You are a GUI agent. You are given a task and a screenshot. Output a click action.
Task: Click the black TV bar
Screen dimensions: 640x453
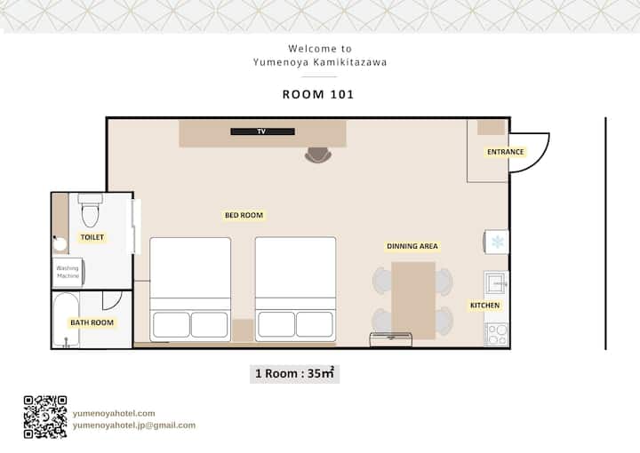(x=262, y=131)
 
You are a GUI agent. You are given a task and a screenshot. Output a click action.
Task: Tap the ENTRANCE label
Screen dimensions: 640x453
(x=505, y=152)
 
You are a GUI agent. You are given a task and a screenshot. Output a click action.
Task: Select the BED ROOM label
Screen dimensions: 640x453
(x=244, y=215)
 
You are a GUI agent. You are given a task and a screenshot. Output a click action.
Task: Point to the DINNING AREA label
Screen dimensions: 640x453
(x=412, y=246)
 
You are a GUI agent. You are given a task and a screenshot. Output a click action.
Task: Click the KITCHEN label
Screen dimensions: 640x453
(x=485, y=305)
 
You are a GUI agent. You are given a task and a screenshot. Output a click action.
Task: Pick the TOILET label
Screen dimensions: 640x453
(x=92, y=237)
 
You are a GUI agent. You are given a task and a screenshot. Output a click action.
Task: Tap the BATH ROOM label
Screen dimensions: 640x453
(x=92, y=322)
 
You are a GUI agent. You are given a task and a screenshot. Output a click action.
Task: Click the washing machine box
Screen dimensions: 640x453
(x=68, y=272)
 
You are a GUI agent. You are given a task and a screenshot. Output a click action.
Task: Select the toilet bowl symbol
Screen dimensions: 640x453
(x=90, y=211)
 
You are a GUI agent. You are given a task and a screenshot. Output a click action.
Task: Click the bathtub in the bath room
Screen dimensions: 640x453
(x=66, y=320)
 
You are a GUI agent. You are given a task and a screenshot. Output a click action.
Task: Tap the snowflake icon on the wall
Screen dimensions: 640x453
(x=498, y=242)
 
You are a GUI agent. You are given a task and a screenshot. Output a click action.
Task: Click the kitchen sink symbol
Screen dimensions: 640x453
(x=496, y=282)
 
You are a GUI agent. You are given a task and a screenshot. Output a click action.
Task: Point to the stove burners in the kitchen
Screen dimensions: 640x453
(x=497, y=334)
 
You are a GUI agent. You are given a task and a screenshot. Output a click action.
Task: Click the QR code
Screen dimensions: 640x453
(x=45, y=417)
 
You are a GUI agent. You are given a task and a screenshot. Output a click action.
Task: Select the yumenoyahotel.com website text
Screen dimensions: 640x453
(x=114, y=413)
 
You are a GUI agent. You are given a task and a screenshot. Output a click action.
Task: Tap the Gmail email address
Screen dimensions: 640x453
(x=134, y=425)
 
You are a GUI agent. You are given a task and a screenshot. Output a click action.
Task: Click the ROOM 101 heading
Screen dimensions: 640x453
(x=318, y=94)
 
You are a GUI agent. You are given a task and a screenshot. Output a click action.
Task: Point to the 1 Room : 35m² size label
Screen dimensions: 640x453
(x=295, y=373)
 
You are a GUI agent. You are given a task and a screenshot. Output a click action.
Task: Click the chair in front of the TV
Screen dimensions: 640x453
(x=318, y=155)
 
